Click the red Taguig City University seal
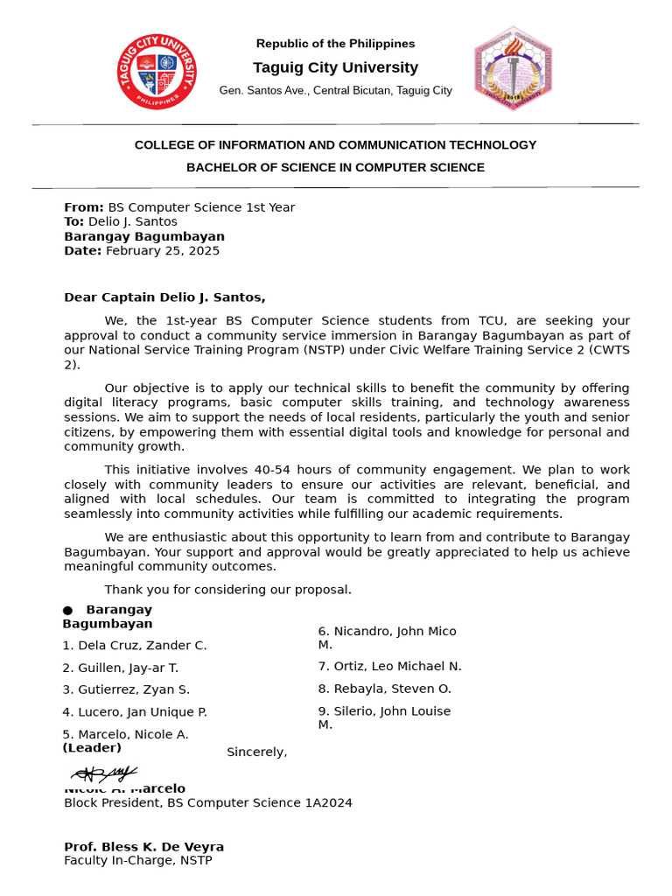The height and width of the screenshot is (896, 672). (x=157, y=71)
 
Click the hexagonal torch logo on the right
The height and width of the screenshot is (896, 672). (x=514, y=68)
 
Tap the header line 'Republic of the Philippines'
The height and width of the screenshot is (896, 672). (x=335, y=44)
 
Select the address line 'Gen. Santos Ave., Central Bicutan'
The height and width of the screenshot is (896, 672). (x=335, y=90)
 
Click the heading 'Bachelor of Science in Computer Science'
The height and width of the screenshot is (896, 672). (x=335, y=167)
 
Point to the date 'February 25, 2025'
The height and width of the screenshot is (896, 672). (x=163, y=251)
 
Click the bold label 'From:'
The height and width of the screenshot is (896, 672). (x=83, y=207)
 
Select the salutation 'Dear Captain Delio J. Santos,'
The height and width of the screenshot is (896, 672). (x=164, y=297)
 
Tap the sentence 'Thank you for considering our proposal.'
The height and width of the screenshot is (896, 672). (x=227, y=590)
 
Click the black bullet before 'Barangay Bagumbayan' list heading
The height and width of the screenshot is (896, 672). (x=67, y=610)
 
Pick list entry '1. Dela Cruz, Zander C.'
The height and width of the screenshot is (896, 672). (x=135, y=646)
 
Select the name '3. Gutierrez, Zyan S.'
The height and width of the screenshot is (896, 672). (x=126, y=689)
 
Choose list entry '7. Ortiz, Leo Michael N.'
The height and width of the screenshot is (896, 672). (x=389, y=667)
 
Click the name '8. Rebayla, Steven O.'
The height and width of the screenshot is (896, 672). (x=384, y=689)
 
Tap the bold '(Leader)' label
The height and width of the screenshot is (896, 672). (x=92, y=748)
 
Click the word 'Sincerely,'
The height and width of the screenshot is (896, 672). (x=256, y=752)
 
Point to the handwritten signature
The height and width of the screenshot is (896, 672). (x=104, y=773)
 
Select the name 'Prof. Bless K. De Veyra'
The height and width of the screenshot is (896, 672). (x=143, y=847)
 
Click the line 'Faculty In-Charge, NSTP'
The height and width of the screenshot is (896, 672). (x=137, y=861)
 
